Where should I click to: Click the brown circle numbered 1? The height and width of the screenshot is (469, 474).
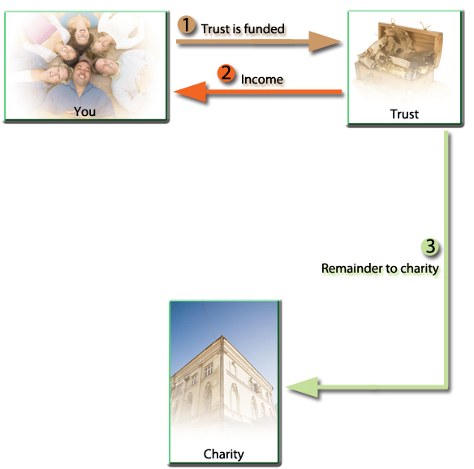186,24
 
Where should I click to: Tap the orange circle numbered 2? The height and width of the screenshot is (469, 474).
226,73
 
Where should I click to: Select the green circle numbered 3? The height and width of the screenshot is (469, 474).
430,247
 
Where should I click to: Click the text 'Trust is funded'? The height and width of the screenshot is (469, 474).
243,29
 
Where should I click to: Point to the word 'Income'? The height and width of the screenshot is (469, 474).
262,80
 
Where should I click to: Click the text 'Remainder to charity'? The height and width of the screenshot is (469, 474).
380,269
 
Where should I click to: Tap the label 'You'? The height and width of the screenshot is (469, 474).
84,111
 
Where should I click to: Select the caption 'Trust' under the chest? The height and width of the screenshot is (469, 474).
404,114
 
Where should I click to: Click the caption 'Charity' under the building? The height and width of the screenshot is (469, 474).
224,454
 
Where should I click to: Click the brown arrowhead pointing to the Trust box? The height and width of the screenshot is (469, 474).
324,41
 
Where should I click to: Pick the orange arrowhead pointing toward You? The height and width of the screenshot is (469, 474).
191,92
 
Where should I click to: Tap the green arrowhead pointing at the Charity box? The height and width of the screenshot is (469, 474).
302,387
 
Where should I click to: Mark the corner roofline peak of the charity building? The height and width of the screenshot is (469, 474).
222,336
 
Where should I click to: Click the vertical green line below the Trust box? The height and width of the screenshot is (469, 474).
446,258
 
